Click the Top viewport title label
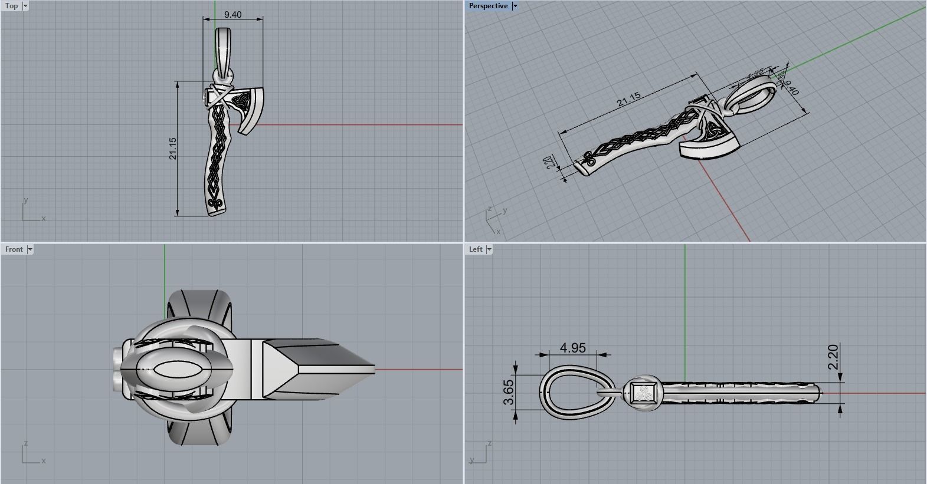pyautogui.click(x=11, y=6)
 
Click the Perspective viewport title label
pyautogui.click(x=488, y=6)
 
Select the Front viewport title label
pyautogui.click(x=14, y=249)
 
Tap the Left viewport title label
pyautogui.click(x=476, y=249)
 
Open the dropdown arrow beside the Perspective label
pyautogui.click(x=515, y=6)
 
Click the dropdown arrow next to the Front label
pyautogui.click(x=30, y=249)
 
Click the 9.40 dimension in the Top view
pyautogui.click(x=232, y=14)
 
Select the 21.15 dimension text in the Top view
pyautogui.click(x=172, y=149)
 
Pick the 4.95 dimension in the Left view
pyautogui.click(x=572, y=348)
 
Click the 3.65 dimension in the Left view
pyautogui.click(x=509, y=393)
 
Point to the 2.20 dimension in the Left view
pyautogui.click(x=833, y=357)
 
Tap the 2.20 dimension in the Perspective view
pyautogui.click(x=550, y=162)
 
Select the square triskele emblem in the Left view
pyautogui.click(x=641, y=393)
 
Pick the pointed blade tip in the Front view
pyautogui.click(x=369, y=370)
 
